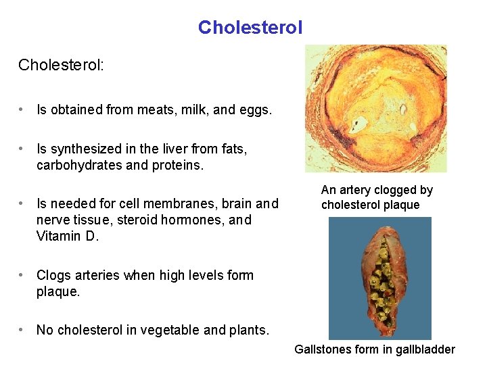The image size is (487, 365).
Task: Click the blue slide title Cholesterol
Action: pyautogui.click(x=250, y=28)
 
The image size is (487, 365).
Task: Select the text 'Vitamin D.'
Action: pyautogui.click(x=68, y=237)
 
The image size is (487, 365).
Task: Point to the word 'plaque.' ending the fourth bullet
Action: pyautogui.click(x=58, y=292)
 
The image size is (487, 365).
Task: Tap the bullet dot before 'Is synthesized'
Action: pyautogui.click(x=22, y=149)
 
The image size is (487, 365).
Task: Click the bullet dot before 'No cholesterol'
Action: pyautogui.click(x=22, y=330)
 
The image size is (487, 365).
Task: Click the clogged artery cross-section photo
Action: pyautogui.click(x=375, y=108)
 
